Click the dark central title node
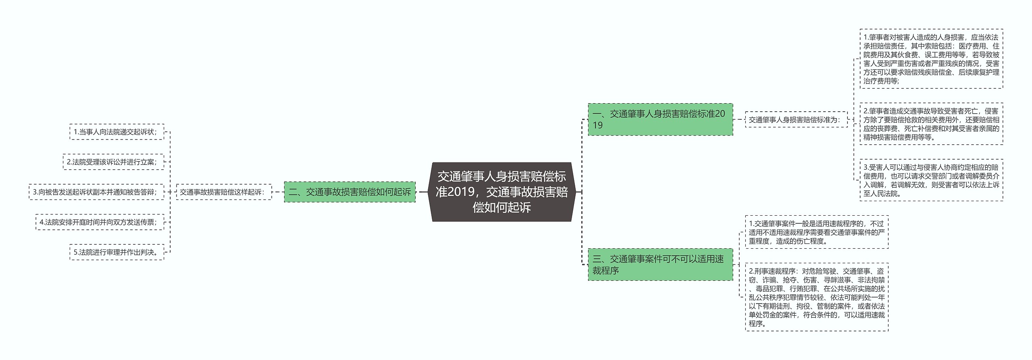[x=501, y=192]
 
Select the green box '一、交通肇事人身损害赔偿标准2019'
[x=660, y=119]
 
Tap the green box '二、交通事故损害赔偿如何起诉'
[x=350, y=192]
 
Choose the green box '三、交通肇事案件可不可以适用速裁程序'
[x=660, y=264]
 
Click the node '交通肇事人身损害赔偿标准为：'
[x=796, y=120]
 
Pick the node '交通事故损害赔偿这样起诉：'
[x=224, y=192]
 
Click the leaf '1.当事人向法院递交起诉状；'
[x=117, y=132]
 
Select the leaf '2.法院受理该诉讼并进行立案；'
[x=113, y=162]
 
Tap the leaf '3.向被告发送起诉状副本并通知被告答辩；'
[x=96, y=192]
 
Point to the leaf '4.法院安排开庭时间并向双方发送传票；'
[x=100, y=222]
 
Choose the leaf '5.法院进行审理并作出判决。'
[x=117, y=252]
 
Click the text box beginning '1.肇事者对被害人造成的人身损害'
[x=931, y=59]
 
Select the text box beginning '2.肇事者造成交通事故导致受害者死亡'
[x=931, y=124]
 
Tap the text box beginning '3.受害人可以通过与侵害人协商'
[x=931, y=180]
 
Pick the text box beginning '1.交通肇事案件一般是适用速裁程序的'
[x=816, y=232]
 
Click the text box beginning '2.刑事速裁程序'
[x=816, y=297]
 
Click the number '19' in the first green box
[x=598, y=125]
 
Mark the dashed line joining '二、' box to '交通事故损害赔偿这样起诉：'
[x=278, y=192]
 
